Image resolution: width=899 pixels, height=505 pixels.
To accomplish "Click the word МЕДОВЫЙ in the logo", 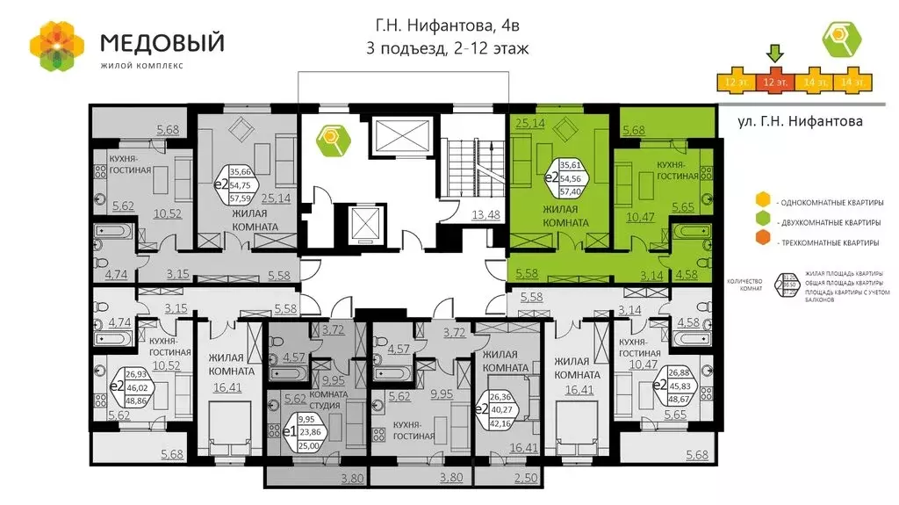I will pyautogui.click(x=162, y=42).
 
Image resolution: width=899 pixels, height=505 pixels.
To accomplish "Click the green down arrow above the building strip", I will pyautogui.click(x=774, y=54).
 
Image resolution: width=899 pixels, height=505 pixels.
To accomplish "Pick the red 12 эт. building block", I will pyautogui.click(x=774, y=81).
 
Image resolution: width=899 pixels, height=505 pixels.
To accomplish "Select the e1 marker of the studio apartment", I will pyautogui.click(x=290, y=432).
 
